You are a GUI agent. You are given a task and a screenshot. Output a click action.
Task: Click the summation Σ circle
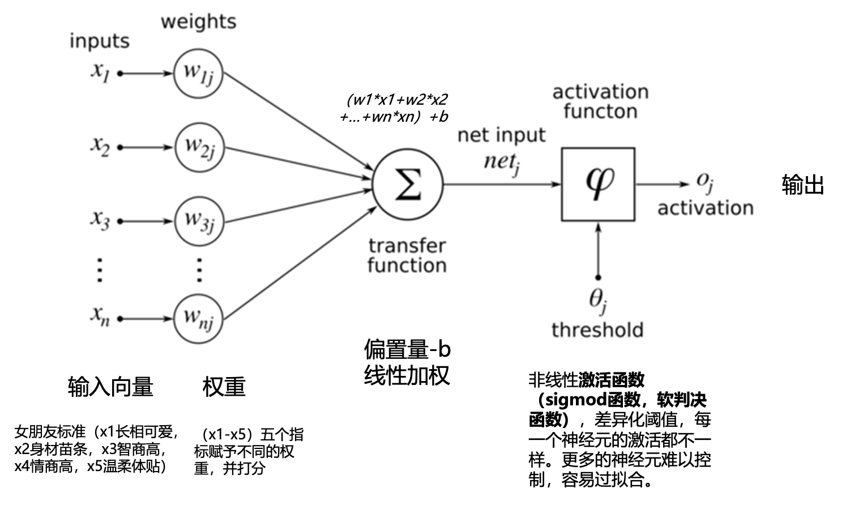pos(407,184)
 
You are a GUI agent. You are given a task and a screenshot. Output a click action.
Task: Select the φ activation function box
pos(598,184)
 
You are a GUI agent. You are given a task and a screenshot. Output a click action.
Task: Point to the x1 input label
pos(100,72)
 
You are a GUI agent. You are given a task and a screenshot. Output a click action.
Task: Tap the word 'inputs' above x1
pos(99,41)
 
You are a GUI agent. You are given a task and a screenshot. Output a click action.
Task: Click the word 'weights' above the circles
pos(198,22)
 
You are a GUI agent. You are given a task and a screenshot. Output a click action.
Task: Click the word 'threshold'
pos(597,329)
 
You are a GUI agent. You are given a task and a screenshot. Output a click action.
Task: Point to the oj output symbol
pos(704,182)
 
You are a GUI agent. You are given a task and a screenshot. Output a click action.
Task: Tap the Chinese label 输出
pos(802,185)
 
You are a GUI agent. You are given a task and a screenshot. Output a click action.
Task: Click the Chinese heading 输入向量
pos(110,387)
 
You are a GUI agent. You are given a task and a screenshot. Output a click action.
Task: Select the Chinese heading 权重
pos(224,387)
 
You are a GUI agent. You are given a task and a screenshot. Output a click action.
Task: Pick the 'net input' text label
pos(501,135)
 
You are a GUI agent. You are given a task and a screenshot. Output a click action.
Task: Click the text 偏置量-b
pos(407,349)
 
